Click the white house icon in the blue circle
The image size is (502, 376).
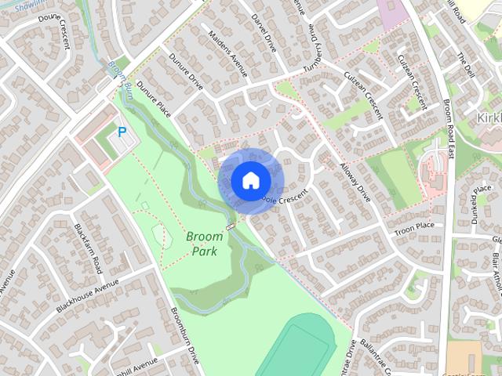pyautogui.click(x=250, y=180)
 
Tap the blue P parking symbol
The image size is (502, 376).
pyautogui.click(x=122, y=132)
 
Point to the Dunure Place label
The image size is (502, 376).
pyautogui.click(x=154, y=97)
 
